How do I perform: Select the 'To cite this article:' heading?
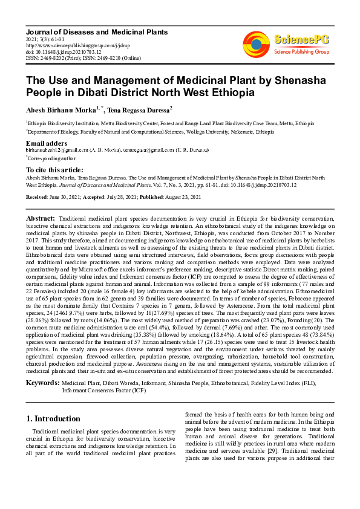[x=54, y=170]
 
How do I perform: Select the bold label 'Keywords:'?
[x=42, y=383]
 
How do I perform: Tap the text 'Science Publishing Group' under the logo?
[x=301, y=52]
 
